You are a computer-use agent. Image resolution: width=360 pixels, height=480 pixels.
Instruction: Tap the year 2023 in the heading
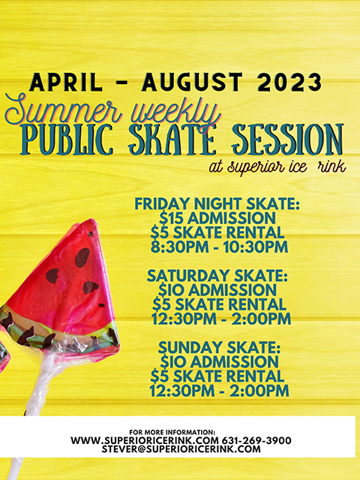pyautogui.click(x=288, y=80)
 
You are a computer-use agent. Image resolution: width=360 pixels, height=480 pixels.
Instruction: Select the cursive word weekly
pyautogui.click(x=169, y=112)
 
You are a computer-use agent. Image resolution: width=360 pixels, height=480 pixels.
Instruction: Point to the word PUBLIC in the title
pyautogui.click(x=71, y=140)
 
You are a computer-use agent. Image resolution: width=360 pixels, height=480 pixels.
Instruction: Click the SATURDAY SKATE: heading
pyautogui.click(x=217, y=274)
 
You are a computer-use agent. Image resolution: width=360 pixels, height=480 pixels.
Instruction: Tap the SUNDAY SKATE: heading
pyautogui.click(x=217, y=349)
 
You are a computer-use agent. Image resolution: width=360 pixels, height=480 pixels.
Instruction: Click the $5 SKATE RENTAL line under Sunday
pyautogui.click(x=217, y=376)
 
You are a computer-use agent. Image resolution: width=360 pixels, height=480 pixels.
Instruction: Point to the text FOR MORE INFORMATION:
pyautogui.click(x=172, y=432)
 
